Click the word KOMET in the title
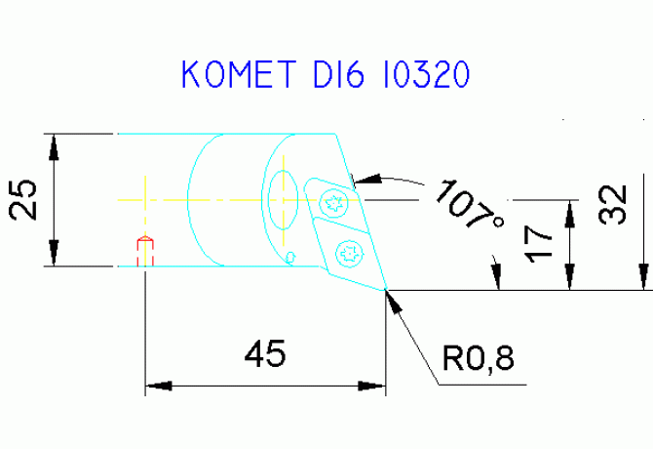tap(239, 74)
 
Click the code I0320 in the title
tap(426, 74)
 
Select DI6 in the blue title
tap(339, 74)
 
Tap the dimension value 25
tap(23, 199)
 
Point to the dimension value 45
tap(265, 353)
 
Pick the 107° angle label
tap(470, 204)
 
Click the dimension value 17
tap(538, 244)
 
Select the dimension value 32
tap(612, 204)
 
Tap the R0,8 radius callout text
tap(479, 358)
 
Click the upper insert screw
tap(334, 203)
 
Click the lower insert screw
tap(350, 253)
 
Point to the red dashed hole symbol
tap(145, 251)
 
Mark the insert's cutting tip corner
tap(386, 289)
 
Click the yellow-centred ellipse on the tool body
tap(284, 200)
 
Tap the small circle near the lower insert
tap(290, 258)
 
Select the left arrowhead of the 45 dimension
tap(159, 386)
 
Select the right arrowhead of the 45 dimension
tap(372, 386)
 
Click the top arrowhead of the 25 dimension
tap(54, 147)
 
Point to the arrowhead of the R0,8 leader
tap(394, 301)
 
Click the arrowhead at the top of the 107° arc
tap(367, 180)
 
